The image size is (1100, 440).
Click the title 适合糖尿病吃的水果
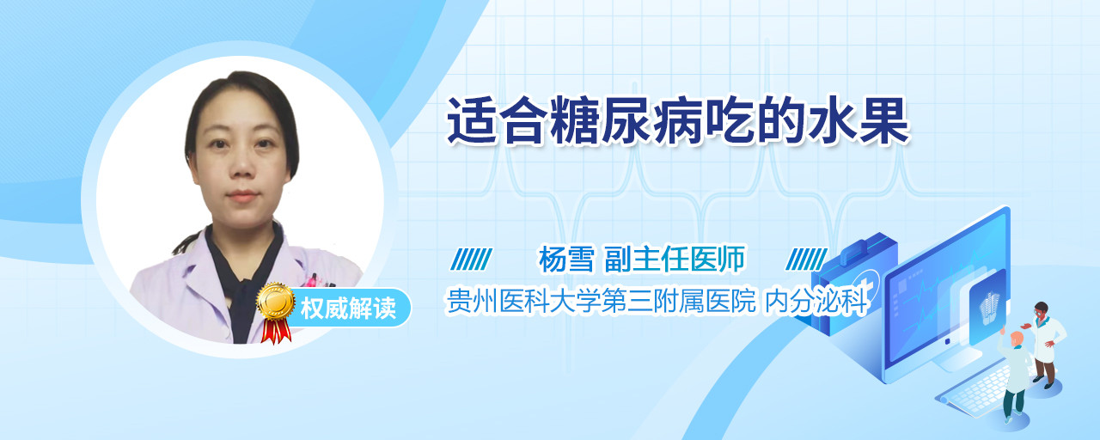[x=678, y=121]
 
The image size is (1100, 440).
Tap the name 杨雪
[x=566, y=259]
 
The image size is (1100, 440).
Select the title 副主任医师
[x=675, y=259]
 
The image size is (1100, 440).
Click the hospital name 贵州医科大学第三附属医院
[x=601, y=301]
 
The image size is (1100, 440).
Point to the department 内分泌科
[x=817, y=301]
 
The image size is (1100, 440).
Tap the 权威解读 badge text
[x=348, y=309]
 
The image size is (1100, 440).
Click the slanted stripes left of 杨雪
[x=471, y=260]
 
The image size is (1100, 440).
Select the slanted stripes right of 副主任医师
[x=806, y=260]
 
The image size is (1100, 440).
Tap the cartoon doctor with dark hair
[x=1045, y=345]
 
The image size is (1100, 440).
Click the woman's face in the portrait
[x=241, y=153]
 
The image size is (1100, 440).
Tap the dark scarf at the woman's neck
[x=244, y=280]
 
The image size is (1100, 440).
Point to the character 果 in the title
[x=884, y=121]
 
